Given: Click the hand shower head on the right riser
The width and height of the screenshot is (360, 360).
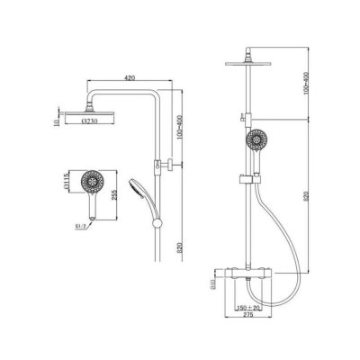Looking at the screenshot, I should coord(258,142).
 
